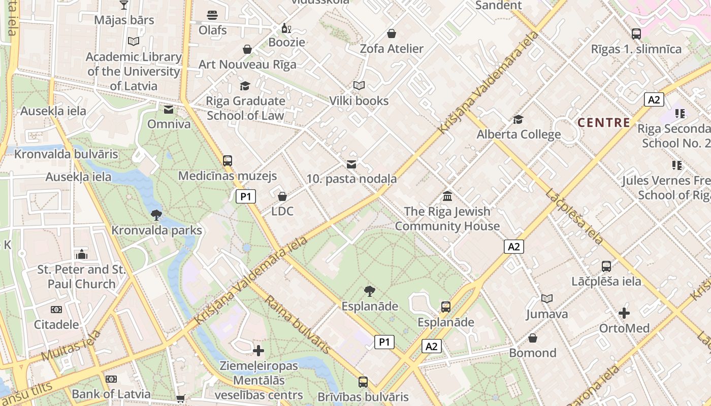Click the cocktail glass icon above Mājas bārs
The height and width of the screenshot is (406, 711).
click(123, 5)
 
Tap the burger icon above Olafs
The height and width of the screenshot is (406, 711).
click(212, 15)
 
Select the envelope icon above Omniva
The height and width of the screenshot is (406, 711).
click(169, 110)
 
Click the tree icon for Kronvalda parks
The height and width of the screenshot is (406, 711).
click(156, 215)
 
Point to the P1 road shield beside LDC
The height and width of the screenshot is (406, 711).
click(245, 196)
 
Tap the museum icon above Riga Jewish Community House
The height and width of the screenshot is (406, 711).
click(447, 196)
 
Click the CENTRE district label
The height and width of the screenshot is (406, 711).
click(604, 122)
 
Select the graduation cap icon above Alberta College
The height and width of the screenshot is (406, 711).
click(518, 119)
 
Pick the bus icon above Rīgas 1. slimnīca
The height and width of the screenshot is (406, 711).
click(636, 34)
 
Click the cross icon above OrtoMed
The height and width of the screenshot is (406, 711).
click(624, 313)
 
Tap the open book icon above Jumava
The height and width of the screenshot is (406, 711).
click(546, 299)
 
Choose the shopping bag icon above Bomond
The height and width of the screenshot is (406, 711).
click(533, 338)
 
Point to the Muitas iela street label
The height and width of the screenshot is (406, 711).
click(71, 345)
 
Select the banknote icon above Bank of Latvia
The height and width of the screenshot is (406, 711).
click(111, 379)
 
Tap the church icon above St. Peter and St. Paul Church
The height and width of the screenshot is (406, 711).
click(81, 254)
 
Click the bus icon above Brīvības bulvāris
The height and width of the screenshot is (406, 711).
click(363, 382)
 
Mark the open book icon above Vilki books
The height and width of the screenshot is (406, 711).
click(359, 86)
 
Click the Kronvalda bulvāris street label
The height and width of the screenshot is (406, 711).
click(66, 154)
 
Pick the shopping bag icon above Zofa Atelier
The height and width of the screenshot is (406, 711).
click(391, 34)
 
